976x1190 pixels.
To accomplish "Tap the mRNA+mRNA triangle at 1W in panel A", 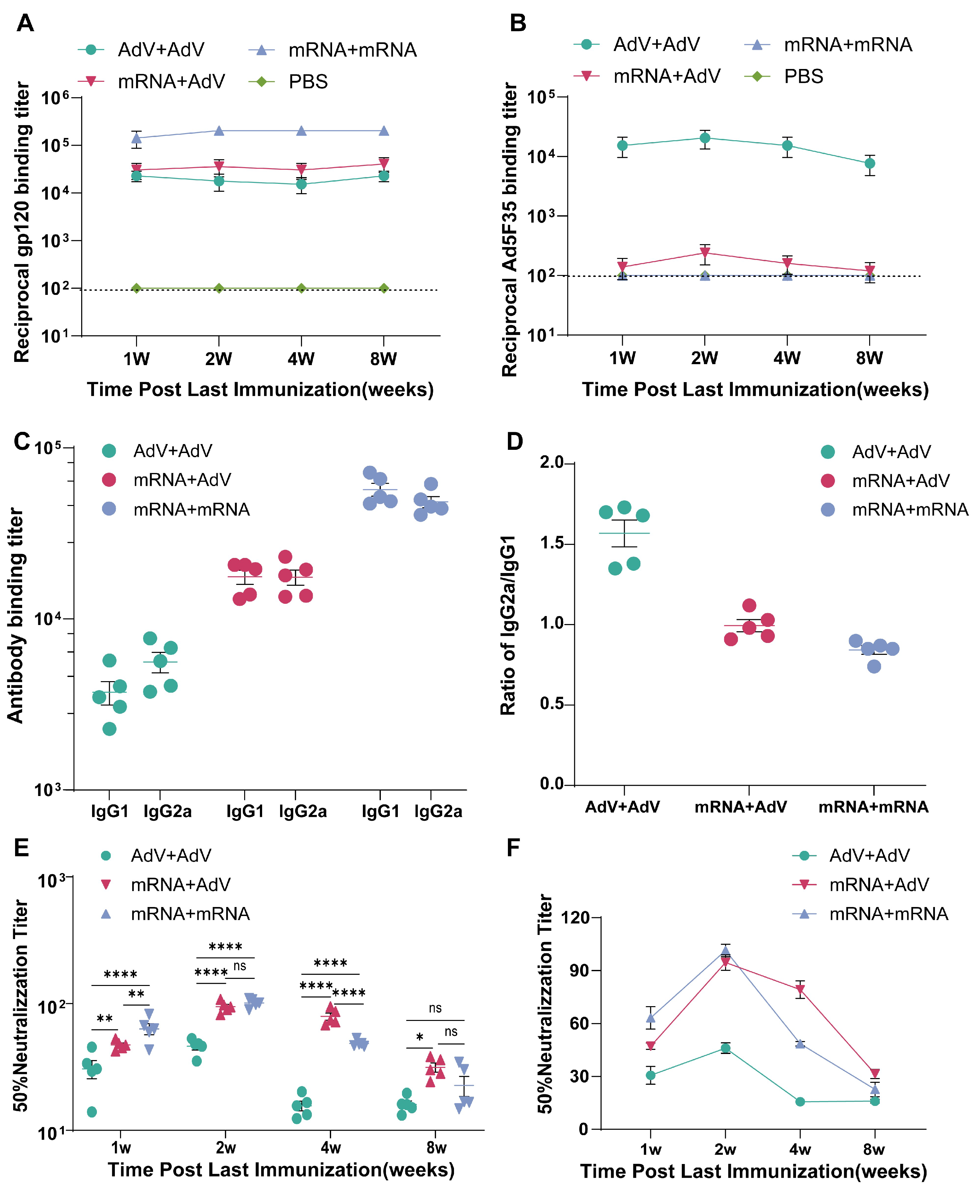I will [x=136, y=138].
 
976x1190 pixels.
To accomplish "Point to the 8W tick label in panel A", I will [x=383, y=359].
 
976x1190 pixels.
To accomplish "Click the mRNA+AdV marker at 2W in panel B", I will [x=705, y=253].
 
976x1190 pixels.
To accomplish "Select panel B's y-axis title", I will [x=509, y=229].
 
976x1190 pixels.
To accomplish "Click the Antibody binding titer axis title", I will [x=16, y=615].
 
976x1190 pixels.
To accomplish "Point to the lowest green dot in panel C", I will [x=110, y=729].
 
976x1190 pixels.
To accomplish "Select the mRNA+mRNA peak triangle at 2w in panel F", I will [x=725, y=951].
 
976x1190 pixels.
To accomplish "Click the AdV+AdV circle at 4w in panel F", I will [x=800, y=1102].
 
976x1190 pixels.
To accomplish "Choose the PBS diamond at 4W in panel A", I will [x=301, y=288].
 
